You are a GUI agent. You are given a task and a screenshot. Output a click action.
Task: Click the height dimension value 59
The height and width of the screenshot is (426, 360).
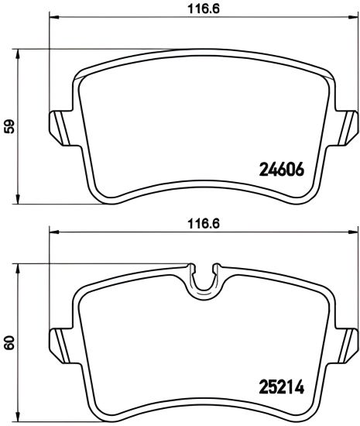pos(9,126)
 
